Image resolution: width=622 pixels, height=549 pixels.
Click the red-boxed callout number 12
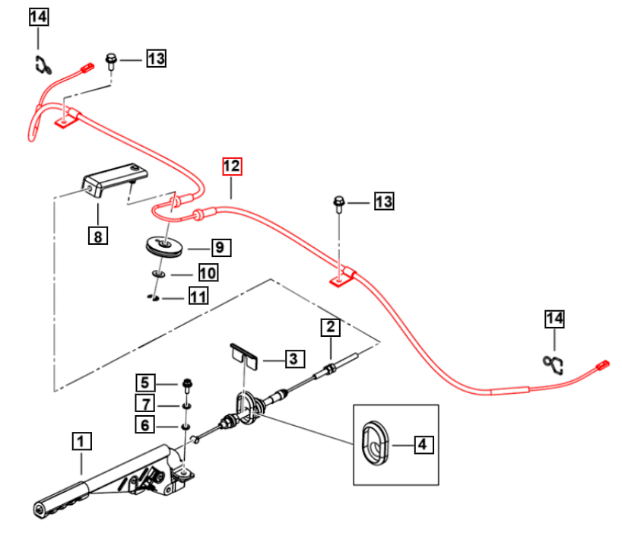coord(232,167)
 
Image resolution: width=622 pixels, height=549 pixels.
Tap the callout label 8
coord(98,236)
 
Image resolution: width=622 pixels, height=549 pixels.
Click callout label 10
coord(208,273)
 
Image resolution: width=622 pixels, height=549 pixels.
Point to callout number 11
coord(198,297)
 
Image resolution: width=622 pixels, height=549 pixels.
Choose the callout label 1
coord(81,441)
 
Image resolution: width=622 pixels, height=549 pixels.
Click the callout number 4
coord(424,444)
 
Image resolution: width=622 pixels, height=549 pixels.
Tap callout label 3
coord(295,359)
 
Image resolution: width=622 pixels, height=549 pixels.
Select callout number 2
coord(331,327)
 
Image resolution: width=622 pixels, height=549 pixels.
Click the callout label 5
coord(145,382)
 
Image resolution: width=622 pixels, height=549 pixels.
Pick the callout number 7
coord(145,404)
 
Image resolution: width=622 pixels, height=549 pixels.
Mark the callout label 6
coord(145,425)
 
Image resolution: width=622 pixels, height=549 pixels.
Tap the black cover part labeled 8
coord(114,179)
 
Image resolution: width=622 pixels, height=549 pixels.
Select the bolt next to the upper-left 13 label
coord(111,62)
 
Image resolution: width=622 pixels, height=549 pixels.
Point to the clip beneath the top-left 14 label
coord(43,65)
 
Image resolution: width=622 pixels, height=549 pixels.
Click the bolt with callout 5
coord(187,386)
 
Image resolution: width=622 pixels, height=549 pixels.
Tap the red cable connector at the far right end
coord(602,364)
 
